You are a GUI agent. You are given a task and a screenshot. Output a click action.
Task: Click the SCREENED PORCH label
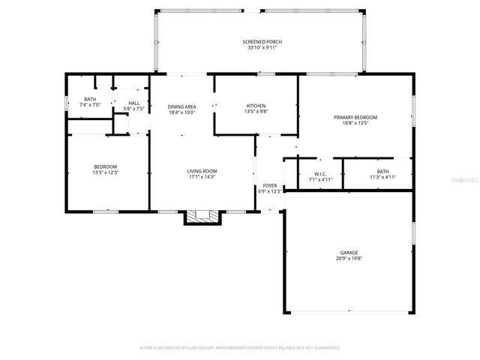click(262, 41)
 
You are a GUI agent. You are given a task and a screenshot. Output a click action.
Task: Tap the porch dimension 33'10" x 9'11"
click(262, 47)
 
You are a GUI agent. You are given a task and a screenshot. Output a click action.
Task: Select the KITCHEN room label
click(256, 106)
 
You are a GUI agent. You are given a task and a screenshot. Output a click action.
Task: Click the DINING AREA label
click(181, 106)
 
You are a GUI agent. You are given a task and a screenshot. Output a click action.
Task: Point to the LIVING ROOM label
click(202, 171)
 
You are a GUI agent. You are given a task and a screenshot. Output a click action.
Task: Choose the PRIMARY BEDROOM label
click(355, 118)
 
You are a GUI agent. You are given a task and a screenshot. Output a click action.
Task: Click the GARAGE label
click(348, 253)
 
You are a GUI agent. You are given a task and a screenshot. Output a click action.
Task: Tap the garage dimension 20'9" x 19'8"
click(348, 259)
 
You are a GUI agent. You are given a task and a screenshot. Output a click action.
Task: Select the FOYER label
click(269, 185)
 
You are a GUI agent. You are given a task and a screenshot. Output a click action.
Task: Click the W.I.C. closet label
click(320, 174)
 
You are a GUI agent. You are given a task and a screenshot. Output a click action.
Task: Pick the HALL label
click(133, 103)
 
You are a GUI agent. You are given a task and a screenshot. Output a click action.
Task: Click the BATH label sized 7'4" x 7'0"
click(90, 99)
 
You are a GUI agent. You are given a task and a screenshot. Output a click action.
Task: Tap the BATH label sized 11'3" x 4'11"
click(383, 174)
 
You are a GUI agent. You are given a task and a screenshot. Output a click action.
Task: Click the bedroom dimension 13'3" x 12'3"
click(105, 172)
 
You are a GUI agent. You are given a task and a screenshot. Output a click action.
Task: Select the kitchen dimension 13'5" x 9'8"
click(256, 112)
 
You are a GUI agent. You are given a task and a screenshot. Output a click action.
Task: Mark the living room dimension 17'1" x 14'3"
click(202, 177)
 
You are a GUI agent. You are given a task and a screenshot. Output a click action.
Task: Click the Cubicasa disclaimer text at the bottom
click(240, 347)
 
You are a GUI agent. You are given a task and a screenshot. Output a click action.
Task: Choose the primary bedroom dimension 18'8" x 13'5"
click(355, 124)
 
